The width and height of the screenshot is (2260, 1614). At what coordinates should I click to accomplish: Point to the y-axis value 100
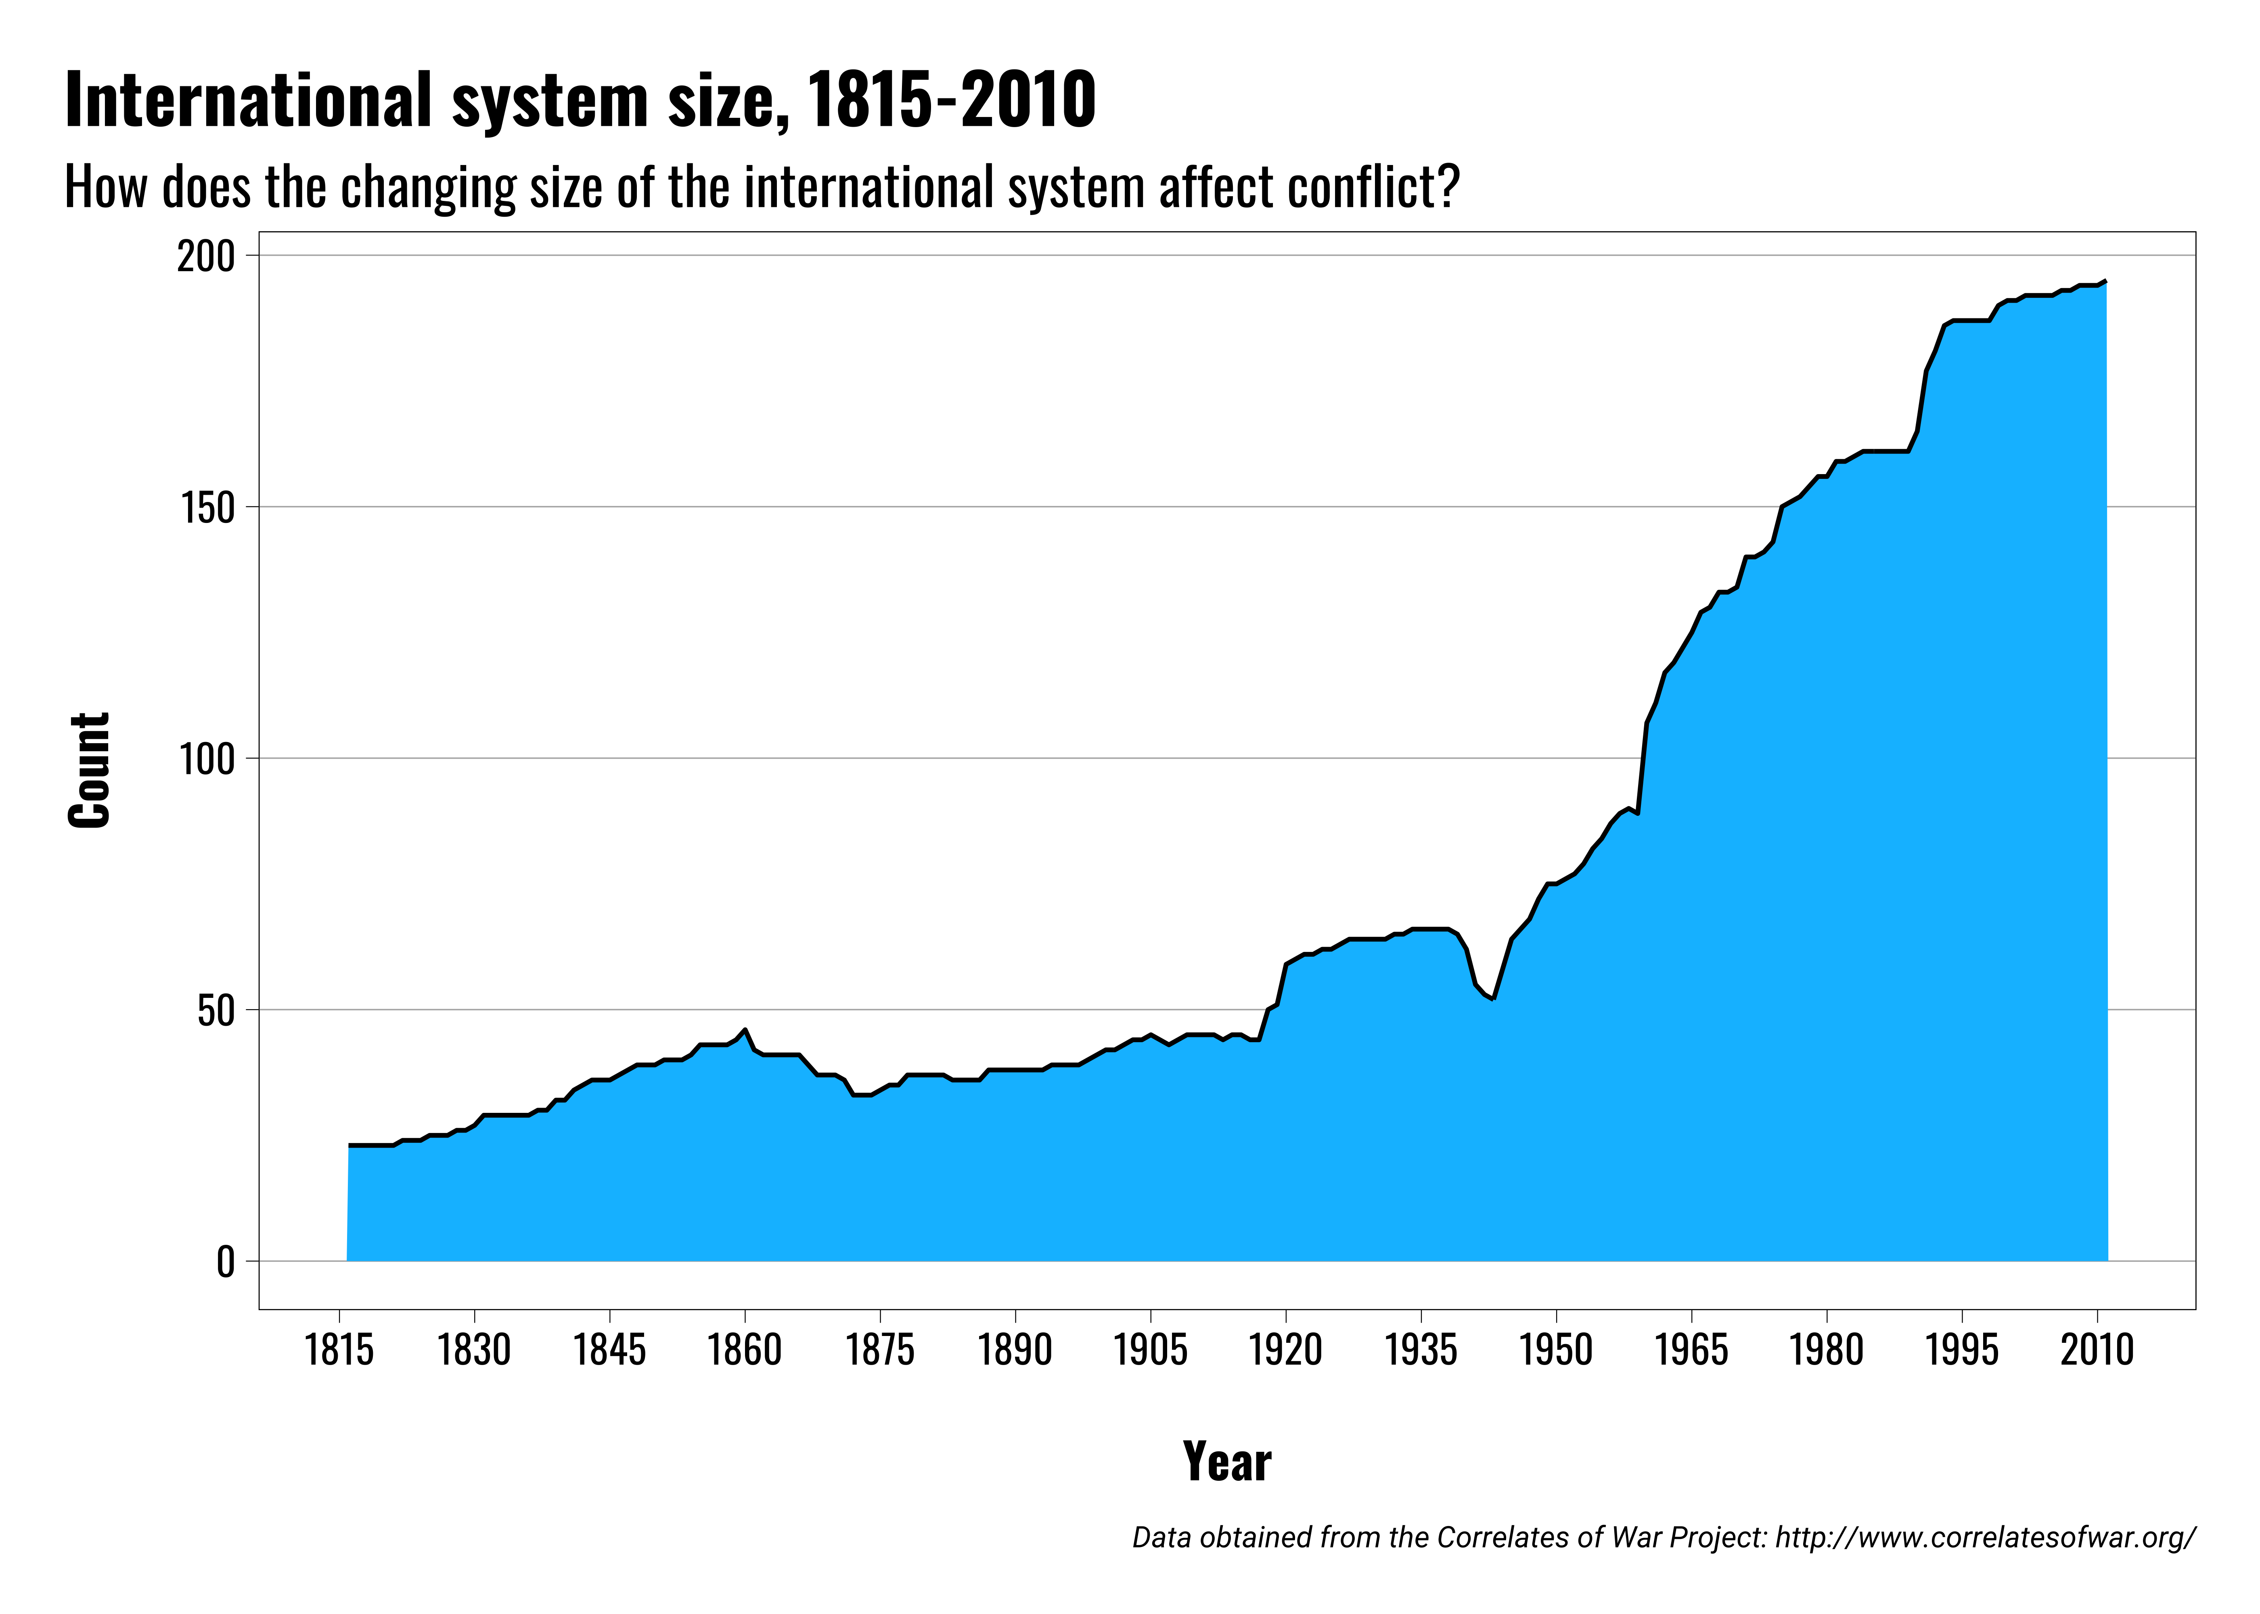(206, 759)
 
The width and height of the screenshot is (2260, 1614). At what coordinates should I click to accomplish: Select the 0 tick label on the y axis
(226, 1262)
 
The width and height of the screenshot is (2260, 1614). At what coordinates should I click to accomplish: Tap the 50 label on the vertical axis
(216, 1011)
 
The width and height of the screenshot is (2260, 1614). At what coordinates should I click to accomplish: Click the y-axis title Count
(90, 770)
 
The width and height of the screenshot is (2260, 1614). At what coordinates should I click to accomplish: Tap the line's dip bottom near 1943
(1493, 999)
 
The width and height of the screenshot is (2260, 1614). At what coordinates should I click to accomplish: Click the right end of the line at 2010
(2105, 281)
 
